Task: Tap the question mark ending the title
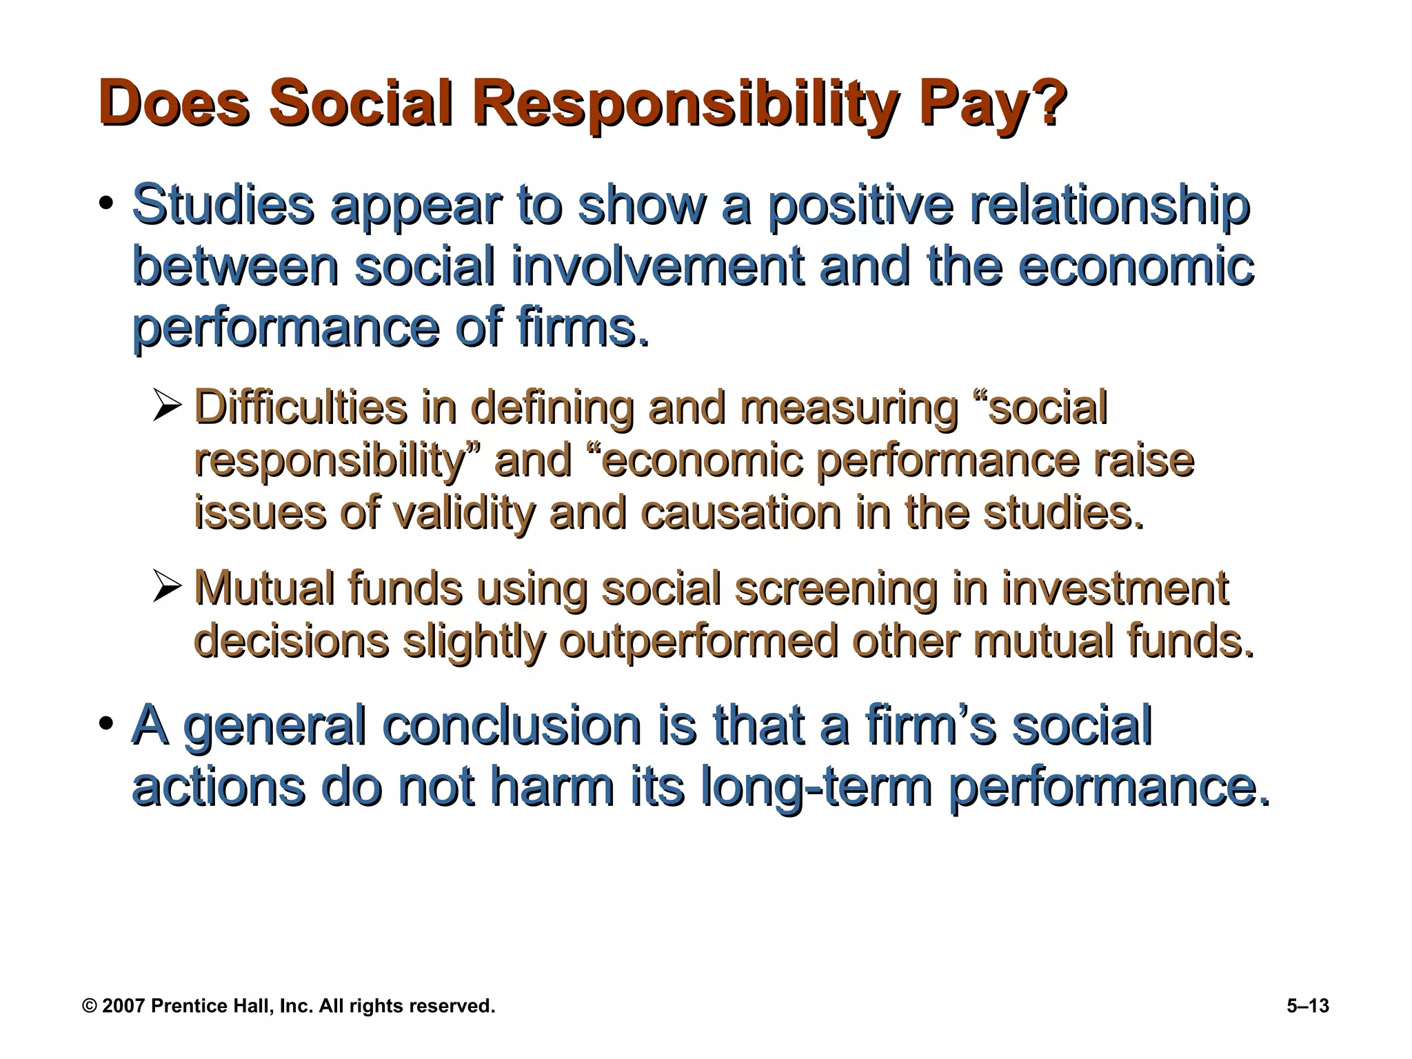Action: pyautogui.click(x=1044, y=103)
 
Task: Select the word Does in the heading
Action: pyautogui.click(x=173, y=103)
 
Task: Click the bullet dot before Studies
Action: pyautogui.click(x=105, y=204)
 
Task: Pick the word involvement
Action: pyautogui.click(x=657, y=266)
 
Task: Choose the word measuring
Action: pyautogui.click(x=849, y=407)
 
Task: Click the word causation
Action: pyautogui.click(x=740, y=514)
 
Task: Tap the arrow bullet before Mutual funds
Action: pyautogui.click(x=167, y=588)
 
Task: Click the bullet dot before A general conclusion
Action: pyautogui.click(x=105, y=725)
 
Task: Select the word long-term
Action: pyautogui.click(x=816, y=787)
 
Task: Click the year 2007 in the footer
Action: pyautogui.click(x=124, y=1006)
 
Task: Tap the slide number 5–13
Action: pyautogui.click(x=1307, y=1006)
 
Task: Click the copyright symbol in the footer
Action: pyautogui.click(x=89, y=1006)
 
